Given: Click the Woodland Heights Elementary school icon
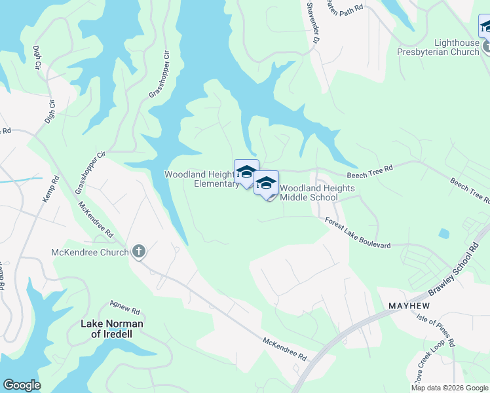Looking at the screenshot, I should (x=246, y=173).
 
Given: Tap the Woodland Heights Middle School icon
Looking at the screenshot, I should (x=266, y=184).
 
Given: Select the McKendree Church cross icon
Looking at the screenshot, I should (x=138, y=252).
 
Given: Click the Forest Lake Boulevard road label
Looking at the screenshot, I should (x=358, y=234).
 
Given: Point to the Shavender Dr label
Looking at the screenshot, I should (x=312, y=22).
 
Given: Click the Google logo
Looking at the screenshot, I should (x=22, y=385).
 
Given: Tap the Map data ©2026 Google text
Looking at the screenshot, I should (x=449, y=388).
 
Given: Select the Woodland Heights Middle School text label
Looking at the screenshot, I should (x=318, y=193).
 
